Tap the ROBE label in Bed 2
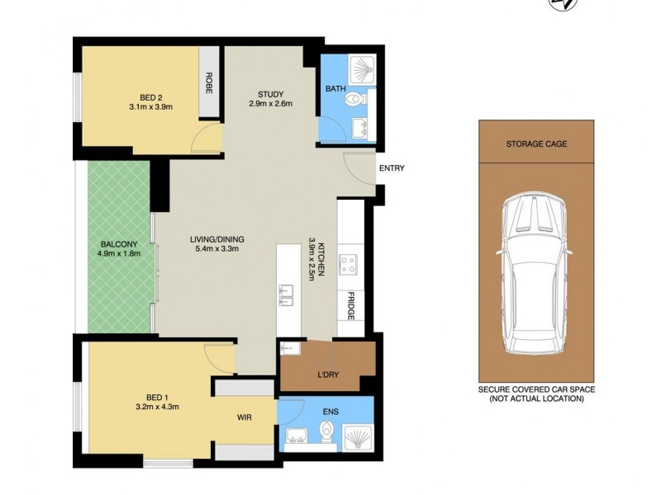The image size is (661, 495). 209,83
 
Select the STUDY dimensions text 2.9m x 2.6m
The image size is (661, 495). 269,104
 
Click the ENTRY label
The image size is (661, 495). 391,168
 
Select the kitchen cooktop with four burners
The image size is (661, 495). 350,265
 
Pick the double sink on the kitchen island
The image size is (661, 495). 287,294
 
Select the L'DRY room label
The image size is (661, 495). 328,375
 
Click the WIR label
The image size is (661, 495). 245,418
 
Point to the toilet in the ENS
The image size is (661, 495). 327,432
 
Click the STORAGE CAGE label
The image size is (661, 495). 536,144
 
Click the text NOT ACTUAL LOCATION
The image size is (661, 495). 536,398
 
